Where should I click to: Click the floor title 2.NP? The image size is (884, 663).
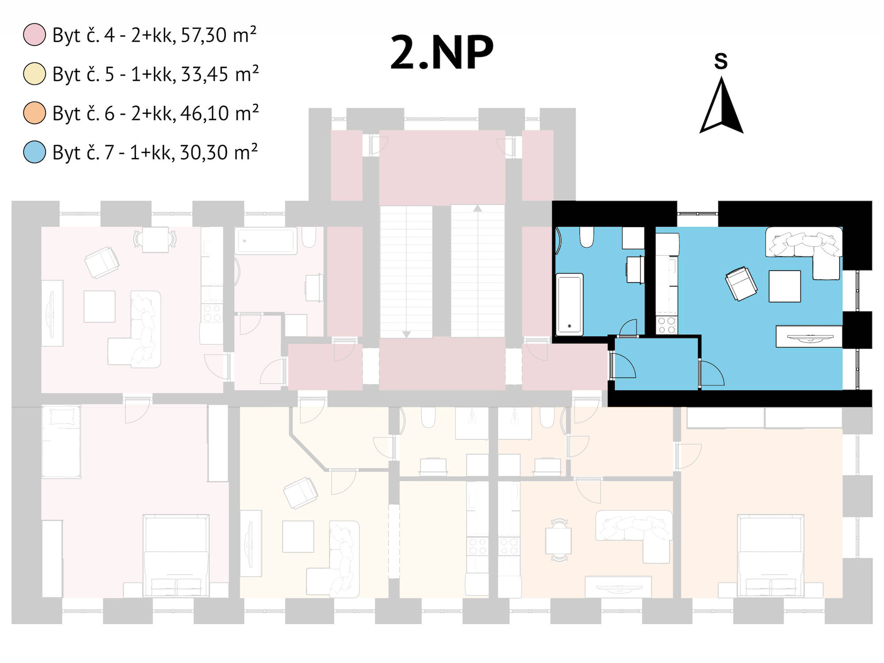pyautogui.click(x=442, y=53)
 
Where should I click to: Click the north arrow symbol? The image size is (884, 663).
pyautogui.click(x=722, y=106)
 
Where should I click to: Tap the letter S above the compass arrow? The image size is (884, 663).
pyautogui.click(x=721, y=61)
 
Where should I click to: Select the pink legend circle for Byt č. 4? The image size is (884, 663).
pyautogui.click(x=34, y=35)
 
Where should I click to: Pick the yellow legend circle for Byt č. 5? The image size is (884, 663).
pyautogui.click(x=34, y=74)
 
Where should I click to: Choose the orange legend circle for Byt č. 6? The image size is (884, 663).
pyautogui.click(x=34, y=113)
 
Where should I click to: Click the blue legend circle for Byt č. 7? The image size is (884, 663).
pyautogui.click(x=34, y=152)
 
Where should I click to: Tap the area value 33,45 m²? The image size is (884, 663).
pyautogui.click(x=220, y=74)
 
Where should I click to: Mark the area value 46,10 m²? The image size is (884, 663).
pyautogui.click(x=219, y=113)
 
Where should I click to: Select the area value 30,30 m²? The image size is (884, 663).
pyautogui.click(x=219, y=152)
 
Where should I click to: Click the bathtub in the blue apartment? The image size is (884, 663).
pyautogui.click(x=569, y=304)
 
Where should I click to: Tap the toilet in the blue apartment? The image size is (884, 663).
pyautogui.click(x=587, y=237)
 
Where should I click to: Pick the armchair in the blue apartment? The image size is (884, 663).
pyautogui.click(x=741, y=283)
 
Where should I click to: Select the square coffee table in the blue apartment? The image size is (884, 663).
pyautogui.click(x=785, y=286)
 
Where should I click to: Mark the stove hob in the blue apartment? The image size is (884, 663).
pyautogui.click(x=667, y=325)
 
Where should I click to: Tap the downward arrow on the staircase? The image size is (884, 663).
pyautogui.click(x=406, y=335)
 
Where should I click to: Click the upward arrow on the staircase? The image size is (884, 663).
pyautogui.click(x=477, y=208)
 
